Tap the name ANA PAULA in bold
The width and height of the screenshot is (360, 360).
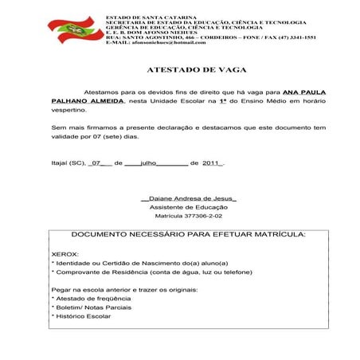click(303, 92)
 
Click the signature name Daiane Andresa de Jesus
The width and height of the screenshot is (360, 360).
click(189, 197)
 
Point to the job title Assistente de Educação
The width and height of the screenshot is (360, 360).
click(189, 206)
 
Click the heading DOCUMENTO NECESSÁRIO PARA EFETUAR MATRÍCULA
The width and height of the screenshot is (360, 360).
click(189, 236)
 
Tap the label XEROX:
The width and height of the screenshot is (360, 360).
click(65, 253)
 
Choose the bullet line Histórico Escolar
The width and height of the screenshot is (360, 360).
click(83, 316)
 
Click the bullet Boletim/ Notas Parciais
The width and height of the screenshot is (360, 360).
click(92, 307)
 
